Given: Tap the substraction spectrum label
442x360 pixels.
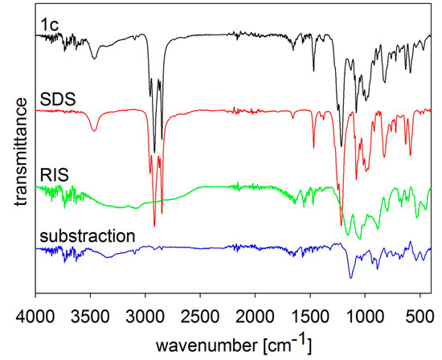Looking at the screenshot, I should pyautogui.click(x=86, y=236).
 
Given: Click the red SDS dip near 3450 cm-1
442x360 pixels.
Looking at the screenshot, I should pyautogui.click(x=95, y=131).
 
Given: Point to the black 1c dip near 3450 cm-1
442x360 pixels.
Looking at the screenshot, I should pyautogui.click(x=95, y=58).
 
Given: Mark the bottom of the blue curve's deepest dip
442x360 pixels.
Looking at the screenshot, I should pyautogui.click(x=350, y=277).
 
